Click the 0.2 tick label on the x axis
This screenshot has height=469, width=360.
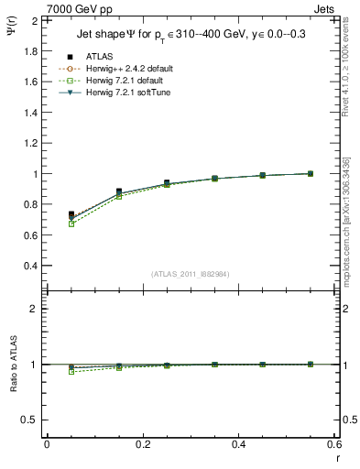tap(142, 443)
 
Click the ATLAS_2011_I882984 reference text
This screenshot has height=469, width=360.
tap(189, 275)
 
